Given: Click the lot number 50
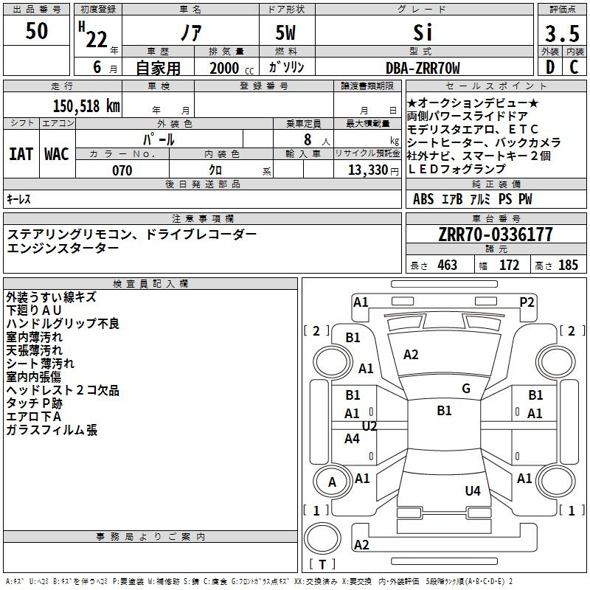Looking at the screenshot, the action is click(x=37, y=30).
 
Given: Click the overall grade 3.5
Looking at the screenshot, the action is click(x=562, y=33).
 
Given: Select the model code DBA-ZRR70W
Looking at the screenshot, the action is click(x=423, y=68).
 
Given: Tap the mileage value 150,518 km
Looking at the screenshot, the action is click(x=86, y=105).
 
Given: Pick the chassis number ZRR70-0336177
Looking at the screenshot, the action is click(x=496, y=234).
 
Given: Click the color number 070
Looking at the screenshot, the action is click(x=122, y=170).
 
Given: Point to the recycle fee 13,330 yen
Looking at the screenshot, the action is click(x=373, y=170).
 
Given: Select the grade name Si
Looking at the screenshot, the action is click(x=423, y=32).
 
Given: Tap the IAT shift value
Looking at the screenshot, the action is click(x=21, y=154).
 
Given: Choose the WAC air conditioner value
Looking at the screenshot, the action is click(x=57, y=154).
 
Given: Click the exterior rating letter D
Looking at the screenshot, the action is click(x=550, y=67).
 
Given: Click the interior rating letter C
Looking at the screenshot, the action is click(x=574, y=67).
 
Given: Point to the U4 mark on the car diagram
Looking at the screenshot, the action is click(x=473, y=490).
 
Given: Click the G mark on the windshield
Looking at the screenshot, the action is click(x=466, y=389).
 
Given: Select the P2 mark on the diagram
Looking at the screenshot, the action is click(x=527, y=302).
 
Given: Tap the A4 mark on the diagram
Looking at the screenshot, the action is click(x=352, y=438).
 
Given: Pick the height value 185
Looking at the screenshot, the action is click(x=568, y=265).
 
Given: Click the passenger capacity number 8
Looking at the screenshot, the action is click(x=308, y=139).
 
